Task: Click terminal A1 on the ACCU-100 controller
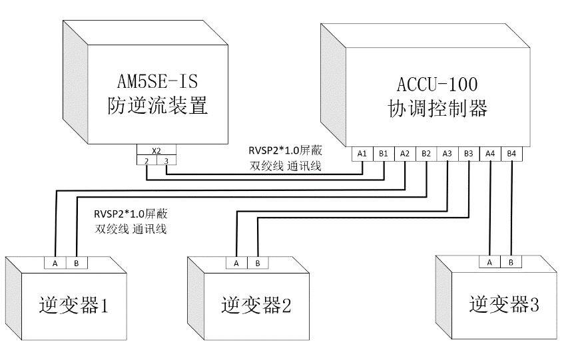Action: pyautogui.click(x=362, y=154)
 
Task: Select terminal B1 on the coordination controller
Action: pyautogui.click(x=384, y=154)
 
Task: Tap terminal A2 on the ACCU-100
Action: pyautogui.click(x=405, y=154)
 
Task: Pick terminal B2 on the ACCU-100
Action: pyautogui.click(x=426, y=154)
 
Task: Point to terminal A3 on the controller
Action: pyautogui.click(x=447, y=154)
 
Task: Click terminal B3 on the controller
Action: pyautogui.click(x=469, y=154)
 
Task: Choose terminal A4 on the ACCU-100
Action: pyautogui.click(x=490, y=154)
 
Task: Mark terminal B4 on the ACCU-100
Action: pyautogui.click(x=511, y=154)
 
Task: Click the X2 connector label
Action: pyautogui.click(x=156, y=151)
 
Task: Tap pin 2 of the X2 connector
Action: pyautogui.click(x=146, y=161)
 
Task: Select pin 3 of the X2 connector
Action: pyautogui.click(x=166, y=161)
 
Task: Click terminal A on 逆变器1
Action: pyautogui.click(x=55, y=263)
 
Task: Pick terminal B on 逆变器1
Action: pyautogui.click(x=77, y=263)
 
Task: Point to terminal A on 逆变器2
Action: pyautogui.click(x=236, y=263)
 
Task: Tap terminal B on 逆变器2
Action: pyautogui.click(x=258, y=263)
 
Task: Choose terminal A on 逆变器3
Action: pyautogui.click(x=489, y=262)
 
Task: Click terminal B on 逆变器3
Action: pyautogui.click(x=511, y=262)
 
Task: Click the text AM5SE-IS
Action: pyautogui.click(x=158, y=82)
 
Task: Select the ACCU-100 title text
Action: pyautogui.click(x=438, y=85)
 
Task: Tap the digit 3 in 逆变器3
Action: pyautogui.click(x=534, y=305)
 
